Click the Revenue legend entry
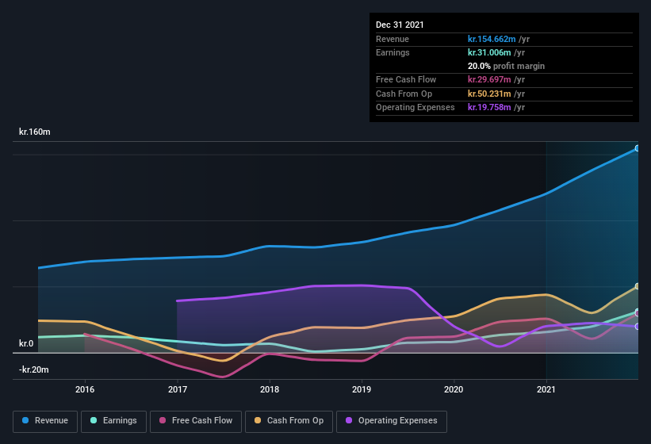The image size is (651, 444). tap(45, 421)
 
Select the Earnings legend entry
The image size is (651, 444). tap(113, 421)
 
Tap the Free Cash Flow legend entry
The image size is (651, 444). tap(196, 421)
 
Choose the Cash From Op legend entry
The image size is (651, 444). tap(289, 421)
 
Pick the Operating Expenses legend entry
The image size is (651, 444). tap(391, 421)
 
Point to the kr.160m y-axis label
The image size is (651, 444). tap(35, 132)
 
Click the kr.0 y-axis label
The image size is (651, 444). tap(26, 344)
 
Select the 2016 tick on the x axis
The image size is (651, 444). tap(85, 389)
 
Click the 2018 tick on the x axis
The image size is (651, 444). tap(270, 389)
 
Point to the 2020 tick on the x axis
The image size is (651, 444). tap(454, 389)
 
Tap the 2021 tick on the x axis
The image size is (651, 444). tap(546, 389)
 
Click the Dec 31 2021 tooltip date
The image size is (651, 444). tap(400, 25)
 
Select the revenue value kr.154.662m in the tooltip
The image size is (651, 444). tap(492, 39)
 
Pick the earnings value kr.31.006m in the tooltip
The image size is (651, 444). tap(490, 52)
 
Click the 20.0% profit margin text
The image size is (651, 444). tap(506, 66)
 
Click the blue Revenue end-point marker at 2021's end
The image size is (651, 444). tap(637, 148)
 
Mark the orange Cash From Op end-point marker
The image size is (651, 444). tap(637, 286)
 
